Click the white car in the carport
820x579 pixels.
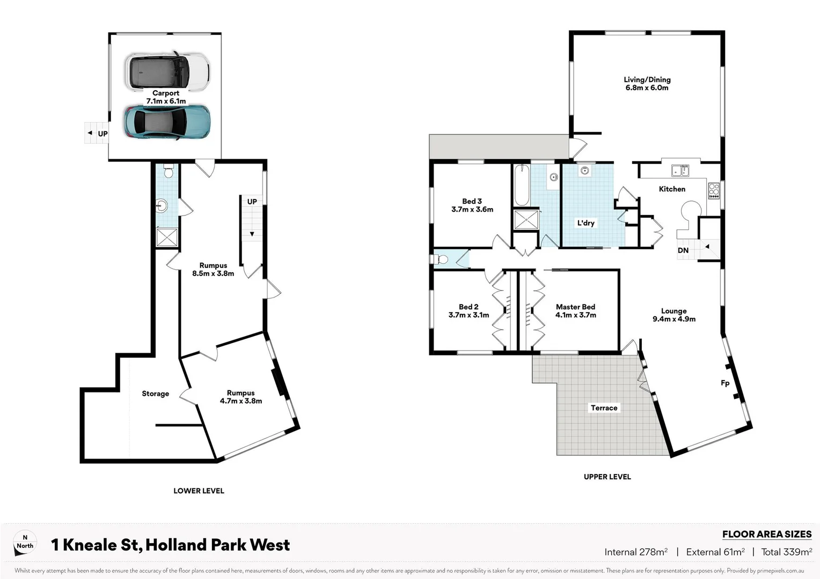tap(167, 71)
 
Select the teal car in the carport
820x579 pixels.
tap(167, 122)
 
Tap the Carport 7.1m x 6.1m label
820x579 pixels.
tap(166, 97)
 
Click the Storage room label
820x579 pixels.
tap(155, 394)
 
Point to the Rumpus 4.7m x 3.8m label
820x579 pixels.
tap(240, 397)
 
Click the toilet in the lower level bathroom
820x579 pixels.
tap(168, 172)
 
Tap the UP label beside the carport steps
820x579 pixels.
tap(102, 133)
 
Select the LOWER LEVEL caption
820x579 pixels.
tap(199, 491)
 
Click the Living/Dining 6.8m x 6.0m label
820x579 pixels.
tap(647, 84)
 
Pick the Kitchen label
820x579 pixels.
tap(672, 189)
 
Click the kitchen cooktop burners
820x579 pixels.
tap(714, 190)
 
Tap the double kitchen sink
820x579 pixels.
tap(680, 171)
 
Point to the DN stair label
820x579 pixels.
tap(683, 250)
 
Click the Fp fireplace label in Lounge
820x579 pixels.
tap(724, 383)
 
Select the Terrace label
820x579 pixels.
tap(604, 408)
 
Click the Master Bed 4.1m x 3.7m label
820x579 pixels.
tap(575, 311)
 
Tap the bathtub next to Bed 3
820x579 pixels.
tap(521, 185)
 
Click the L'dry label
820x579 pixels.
tap(585, 223)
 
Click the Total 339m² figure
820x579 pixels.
tap(786, 552)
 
